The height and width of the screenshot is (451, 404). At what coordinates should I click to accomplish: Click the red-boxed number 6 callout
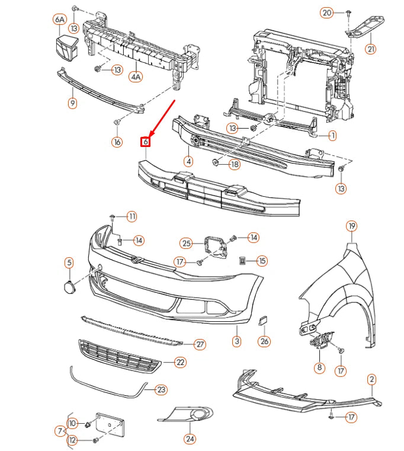click(145, 142)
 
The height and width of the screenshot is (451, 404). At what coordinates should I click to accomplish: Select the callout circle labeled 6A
click(59, 20)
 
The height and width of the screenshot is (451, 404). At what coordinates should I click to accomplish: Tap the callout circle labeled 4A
click(136, 76)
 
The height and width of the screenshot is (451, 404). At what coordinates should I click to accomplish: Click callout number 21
click(371, 49)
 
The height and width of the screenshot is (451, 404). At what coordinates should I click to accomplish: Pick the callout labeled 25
click(187, 244)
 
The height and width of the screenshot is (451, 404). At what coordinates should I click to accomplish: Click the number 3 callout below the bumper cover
click(236, 341)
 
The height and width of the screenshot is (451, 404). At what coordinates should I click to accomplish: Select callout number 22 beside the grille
click(179, 362)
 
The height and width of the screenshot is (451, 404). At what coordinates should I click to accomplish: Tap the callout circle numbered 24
click(190, 439)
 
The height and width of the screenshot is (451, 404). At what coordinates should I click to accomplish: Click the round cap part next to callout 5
click(69, 287)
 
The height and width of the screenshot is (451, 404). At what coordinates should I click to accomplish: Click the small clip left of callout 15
click(242, 260)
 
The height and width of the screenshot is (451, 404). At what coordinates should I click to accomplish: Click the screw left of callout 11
click(113, 216)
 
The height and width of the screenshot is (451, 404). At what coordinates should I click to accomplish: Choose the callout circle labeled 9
click(72, 104)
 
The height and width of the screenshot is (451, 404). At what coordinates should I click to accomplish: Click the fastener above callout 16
click(117, 122)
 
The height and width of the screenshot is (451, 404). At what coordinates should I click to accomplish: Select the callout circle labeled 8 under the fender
click(320, 368)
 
